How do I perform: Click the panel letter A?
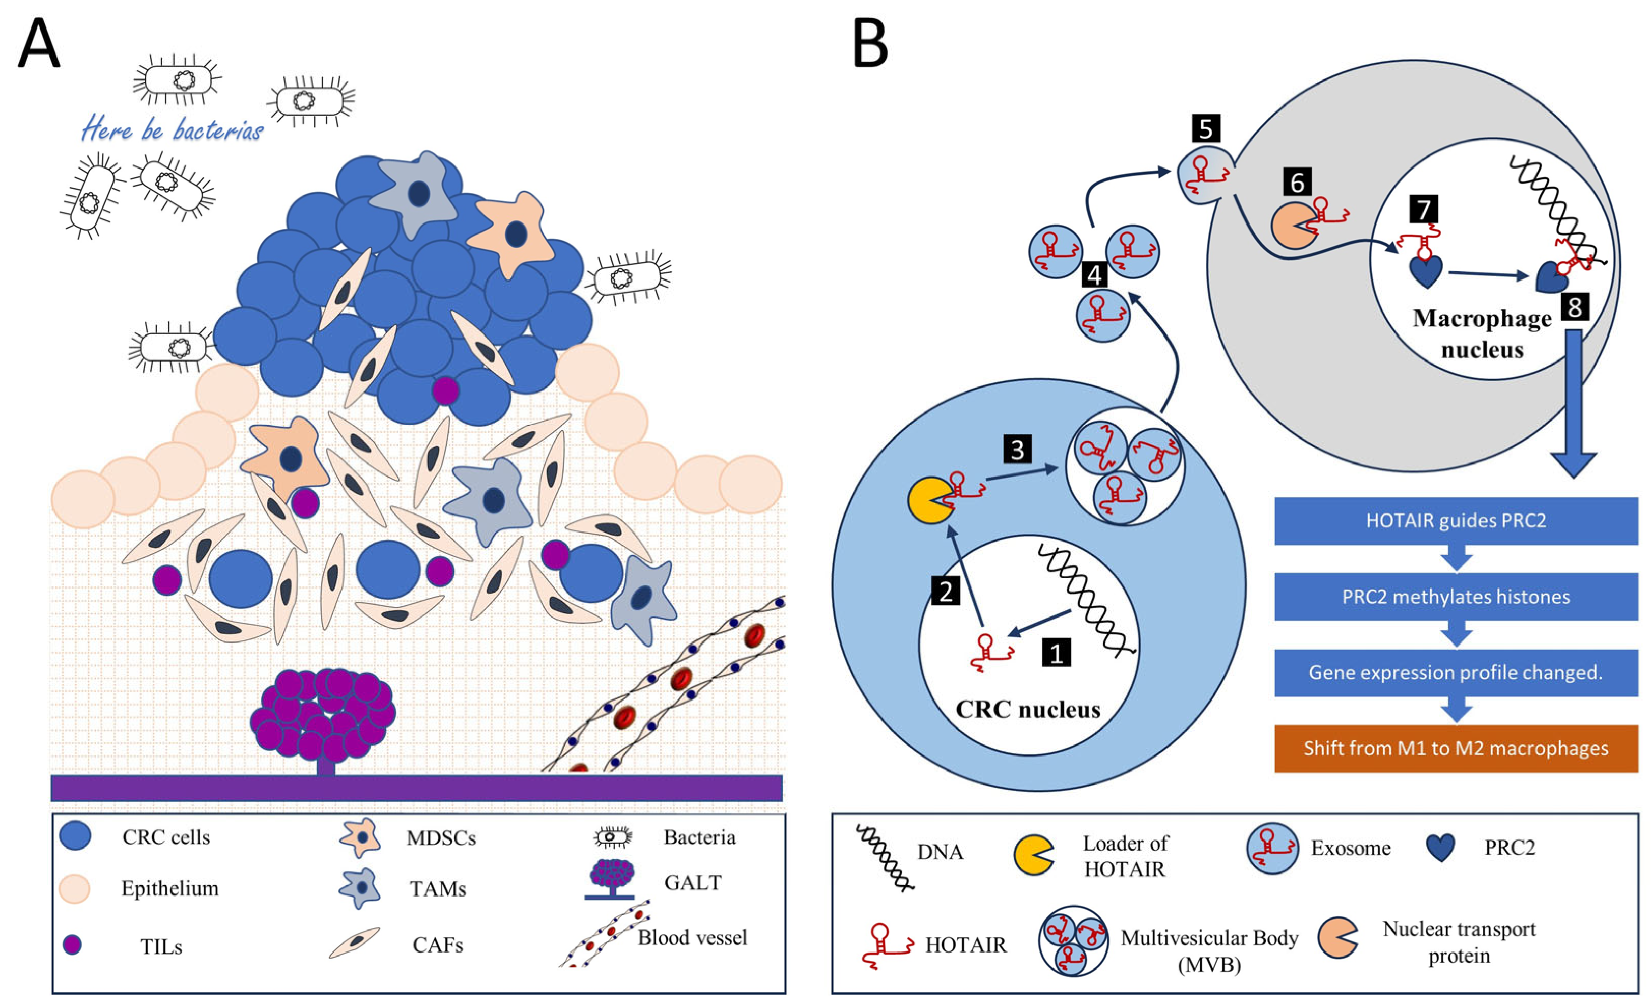pyautogui.click(x=38, y=44)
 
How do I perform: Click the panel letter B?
pyautogui.click(x=870, y=44)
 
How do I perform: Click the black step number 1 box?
pyautogui.click(x=1056, y=652)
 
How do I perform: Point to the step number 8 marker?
pyautogui.click(x=1575, y=307)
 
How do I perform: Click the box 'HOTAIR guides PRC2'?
pyautogui.click(x=1456, y=521)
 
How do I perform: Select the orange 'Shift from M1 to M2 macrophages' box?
pyautogui.click(x=1456, y=748)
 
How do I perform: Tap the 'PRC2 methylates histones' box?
pyautogui.click(x=1456, y=597)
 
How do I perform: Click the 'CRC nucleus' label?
pyautogui.click(x=1028, y=710)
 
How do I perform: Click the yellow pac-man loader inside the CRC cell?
pyautogui.click(x=929, y=500)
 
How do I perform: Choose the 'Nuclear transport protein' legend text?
pyautogui.click(x=1459, y=942)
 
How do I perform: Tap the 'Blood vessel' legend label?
pyautogui.click(x=692, y=938)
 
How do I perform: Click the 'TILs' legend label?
pyautogui.click(x=161, y=946)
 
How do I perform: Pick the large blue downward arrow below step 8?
pyautogui.click(x=1573, y=402)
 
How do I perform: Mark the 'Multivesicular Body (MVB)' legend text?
pyautogui.click(x=1209, y=950)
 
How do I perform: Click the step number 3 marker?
pyautogui.click(x=1017, y=449)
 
